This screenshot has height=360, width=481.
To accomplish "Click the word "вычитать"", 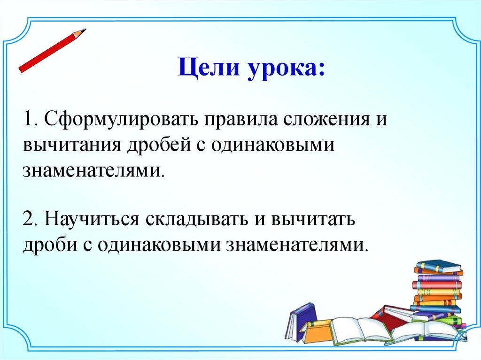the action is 313,220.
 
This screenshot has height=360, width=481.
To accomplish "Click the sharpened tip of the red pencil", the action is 85,30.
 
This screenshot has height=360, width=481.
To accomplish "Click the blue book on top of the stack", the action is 439,266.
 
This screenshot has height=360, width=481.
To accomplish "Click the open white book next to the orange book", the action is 362,331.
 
